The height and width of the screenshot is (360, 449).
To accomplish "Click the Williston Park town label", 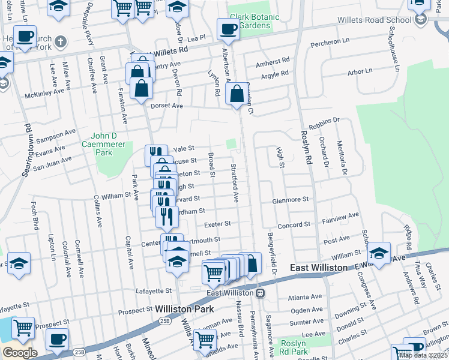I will (182, 309).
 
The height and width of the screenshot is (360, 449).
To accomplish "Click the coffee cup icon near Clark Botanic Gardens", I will (228, 28).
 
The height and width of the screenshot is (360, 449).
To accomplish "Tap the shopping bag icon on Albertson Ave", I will (238, 94).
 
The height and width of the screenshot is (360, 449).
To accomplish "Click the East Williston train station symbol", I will (261, 293).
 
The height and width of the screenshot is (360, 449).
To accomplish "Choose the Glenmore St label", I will (290, 199).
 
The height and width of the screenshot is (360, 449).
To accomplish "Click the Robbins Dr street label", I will (329, 121).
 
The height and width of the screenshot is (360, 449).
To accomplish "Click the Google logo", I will (19, 353).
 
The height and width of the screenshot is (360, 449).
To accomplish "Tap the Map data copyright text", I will (423, 355).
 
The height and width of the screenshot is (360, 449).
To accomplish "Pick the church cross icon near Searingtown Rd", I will (60, 42).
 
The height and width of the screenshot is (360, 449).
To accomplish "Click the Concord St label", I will (293, 224).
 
